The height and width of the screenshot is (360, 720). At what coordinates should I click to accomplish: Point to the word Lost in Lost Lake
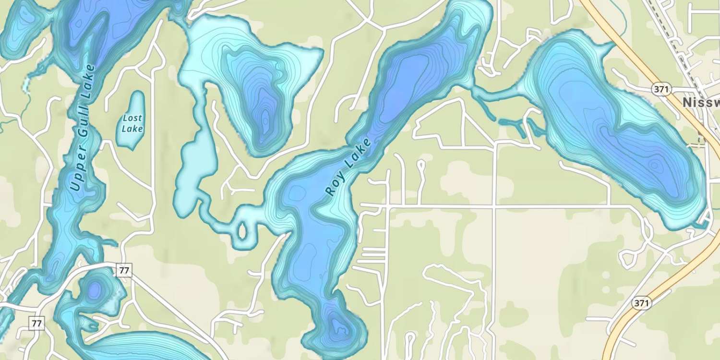click(132, 118)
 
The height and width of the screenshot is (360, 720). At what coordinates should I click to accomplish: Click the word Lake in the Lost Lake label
click(132, 129)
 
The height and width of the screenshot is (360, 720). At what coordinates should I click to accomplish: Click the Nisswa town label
click(701, 102)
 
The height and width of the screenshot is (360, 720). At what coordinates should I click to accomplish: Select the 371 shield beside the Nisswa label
click(661, 89)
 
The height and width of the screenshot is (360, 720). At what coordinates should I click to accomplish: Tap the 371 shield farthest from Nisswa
click(641, 303)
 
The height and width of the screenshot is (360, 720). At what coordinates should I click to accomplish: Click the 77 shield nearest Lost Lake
click(124, 270)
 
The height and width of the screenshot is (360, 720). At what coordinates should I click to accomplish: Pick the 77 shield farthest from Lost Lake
click(36, 323)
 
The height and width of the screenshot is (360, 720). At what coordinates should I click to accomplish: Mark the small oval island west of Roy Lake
click(242, 231)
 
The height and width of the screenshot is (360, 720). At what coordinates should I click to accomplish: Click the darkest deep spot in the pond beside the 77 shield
click(95, 290)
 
